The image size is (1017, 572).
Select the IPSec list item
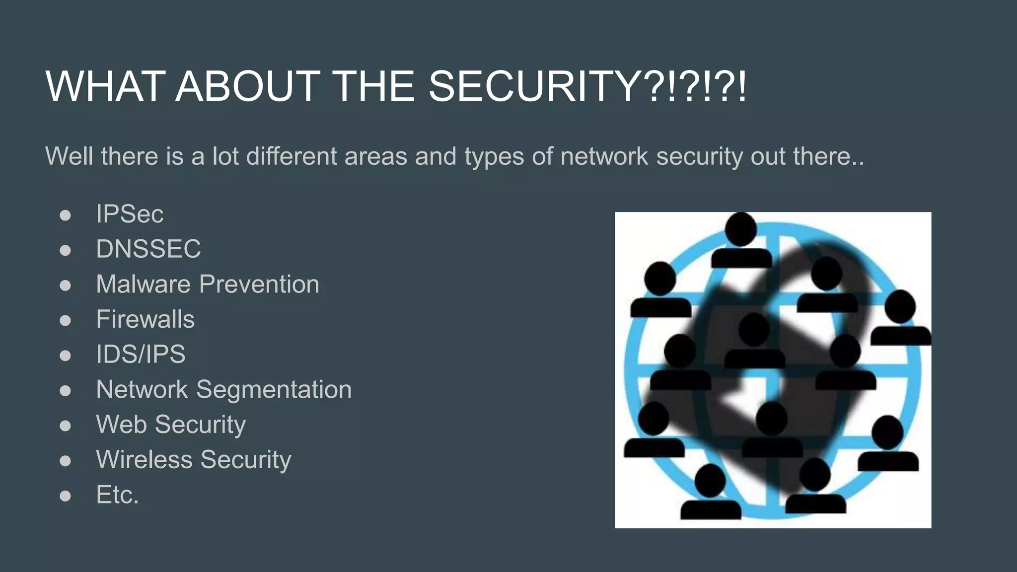[x=130, y=214]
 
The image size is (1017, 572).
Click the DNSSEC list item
[x=148, y=249]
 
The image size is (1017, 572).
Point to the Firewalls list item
[x=145, y=319]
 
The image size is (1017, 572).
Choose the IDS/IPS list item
[x=141, y=354]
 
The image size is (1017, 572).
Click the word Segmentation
[x=274, y=389]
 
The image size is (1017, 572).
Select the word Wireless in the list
[x=144, y=459]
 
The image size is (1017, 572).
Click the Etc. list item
[x=117, y=495]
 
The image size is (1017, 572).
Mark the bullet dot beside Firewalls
[x=65, y=320]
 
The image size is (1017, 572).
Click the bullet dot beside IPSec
[x=65, y=215]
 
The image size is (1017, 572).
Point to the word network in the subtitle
[x=604, y=156]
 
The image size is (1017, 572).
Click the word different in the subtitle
[x=291, y=156]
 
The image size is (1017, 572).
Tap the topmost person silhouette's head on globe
[x=740, y=229]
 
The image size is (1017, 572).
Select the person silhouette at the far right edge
[x=900, y=318]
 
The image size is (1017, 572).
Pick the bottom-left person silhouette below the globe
[x=711, y=492]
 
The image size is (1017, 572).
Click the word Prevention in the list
[x=259, y=284]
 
